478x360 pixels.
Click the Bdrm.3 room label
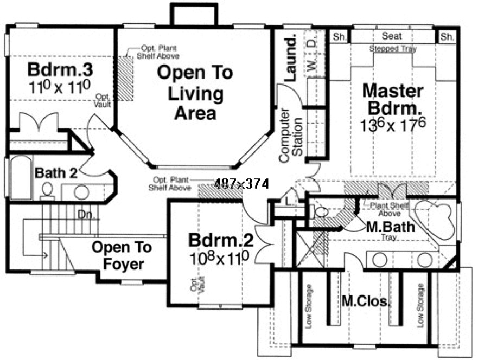52,70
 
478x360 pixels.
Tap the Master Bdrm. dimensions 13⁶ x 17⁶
393,124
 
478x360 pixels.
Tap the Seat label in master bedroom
392,36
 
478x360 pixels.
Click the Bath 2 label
56,173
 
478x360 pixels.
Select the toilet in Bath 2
47,190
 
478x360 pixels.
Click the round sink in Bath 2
81,192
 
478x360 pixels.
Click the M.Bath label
391,227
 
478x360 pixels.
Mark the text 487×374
241,184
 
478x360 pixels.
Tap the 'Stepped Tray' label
393,49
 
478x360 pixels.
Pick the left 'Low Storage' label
310,306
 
